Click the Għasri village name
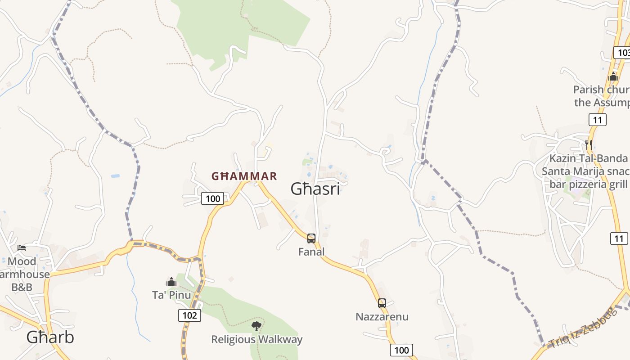(x=315, y=189)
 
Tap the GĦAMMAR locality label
(x=244, y=176)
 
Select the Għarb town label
(x=50, y=337)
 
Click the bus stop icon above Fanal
(x=311, y=238)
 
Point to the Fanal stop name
(x=311, y=252)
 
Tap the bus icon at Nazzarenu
(x=382, y=303)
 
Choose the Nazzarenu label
(x=382, y=317)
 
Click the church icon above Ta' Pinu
(x=171, y=282)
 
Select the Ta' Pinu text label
(x=171, y=295)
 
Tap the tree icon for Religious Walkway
(x=256, y=326)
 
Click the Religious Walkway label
(x=257, y=339)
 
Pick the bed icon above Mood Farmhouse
(x=22, y=247)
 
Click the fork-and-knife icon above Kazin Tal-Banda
(x=588, y=144)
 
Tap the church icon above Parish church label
(x=613, y=77)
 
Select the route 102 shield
(x=189, y=315)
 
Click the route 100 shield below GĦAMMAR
(x=212, y=198)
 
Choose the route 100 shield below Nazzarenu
(x=401, y=350)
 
